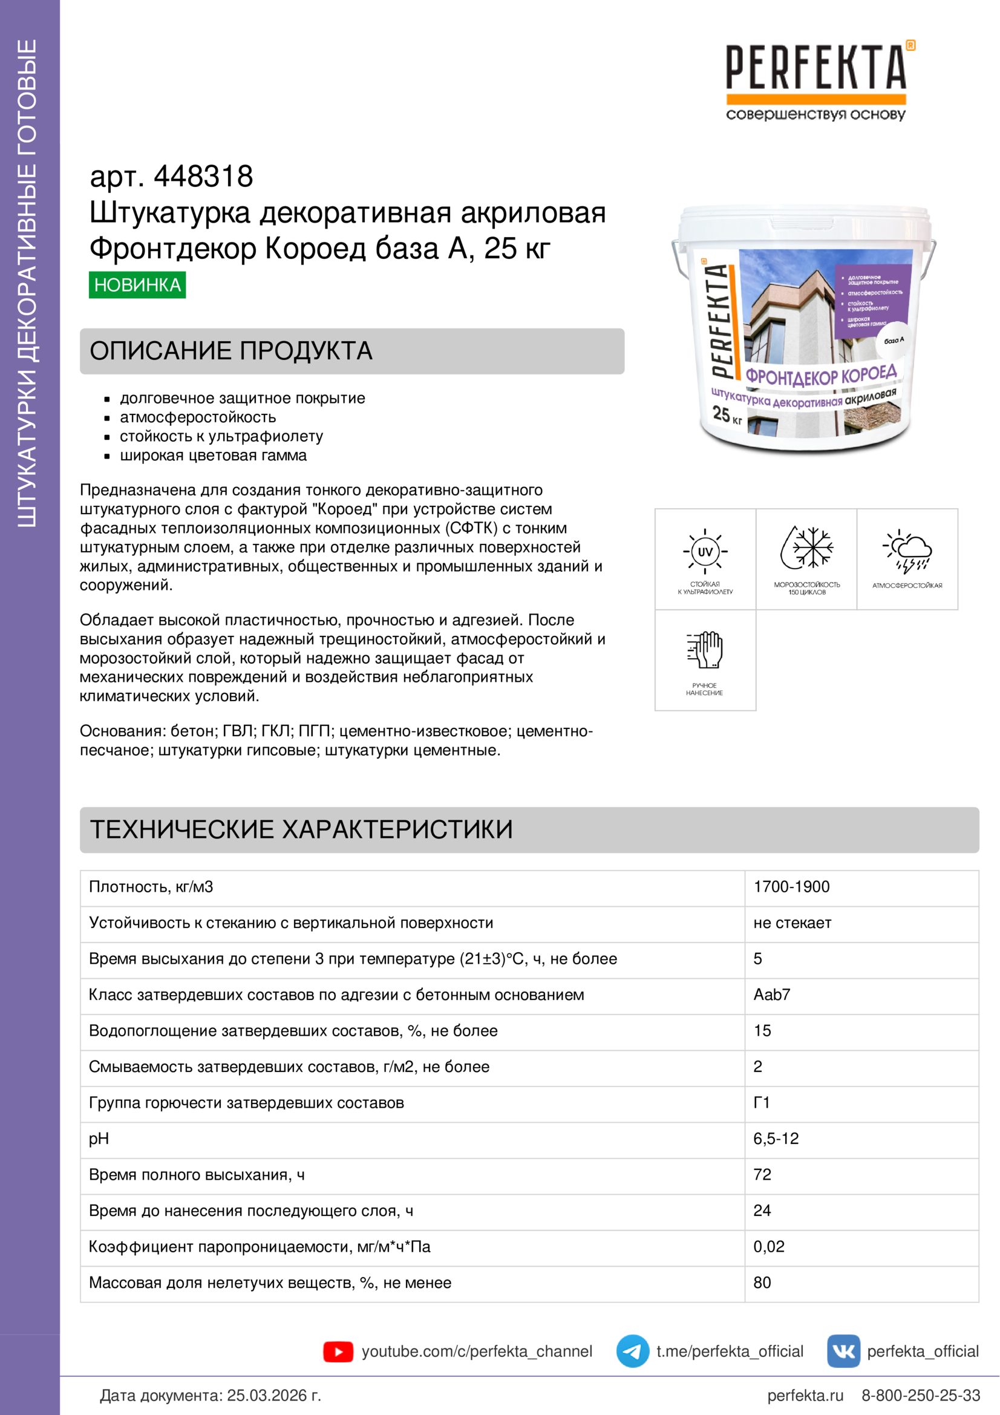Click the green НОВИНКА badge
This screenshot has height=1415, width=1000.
[137, 285]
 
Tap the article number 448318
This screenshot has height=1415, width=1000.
[203, 176]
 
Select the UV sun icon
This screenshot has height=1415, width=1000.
[705, 551]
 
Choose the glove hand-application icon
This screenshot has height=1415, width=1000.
[705, 650]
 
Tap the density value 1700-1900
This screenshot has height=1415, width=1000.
[791, 887]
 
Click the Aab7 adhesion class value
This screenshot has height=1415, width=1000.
[771, 995]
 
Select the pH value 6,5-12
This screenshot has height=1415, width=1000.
[776, 1139]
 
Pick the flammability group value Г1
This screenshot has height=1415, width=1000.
[762, 1103]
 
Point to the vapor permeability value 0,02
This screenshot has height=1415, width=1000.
[769, 1246]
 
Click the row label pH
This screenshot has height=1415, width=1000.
[99, 1139]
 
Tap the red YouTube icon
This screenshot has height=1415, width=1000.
[338, 1351]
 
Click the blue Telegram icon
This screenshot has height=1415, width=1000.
[632, 1351]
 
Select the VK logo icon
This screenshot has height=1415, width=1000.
[843, 1351]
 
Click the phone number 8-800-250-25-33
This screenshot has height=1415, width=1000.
[920, 1395]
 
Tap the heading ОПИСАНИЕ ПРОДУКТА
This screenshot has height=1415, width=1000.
[231, 351]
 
